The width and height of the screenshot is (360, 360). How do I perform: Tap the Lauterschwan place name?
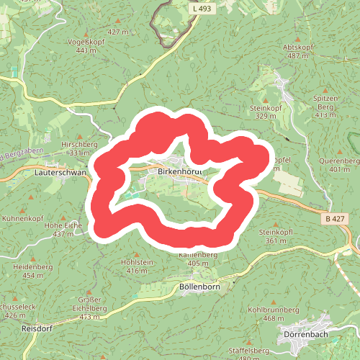[x=60, y=173]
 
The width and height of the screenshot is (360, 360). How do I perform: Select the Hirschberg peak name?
[x=78, y=144]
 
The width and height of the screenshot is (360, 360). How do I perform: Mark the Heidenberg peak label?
[x=33, y=266]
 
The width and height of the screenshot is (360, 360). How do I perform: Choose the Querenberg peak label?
[x=343, y=161]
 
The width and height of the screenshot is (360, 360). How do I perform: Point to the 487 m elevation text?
[x=297, y=55]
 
